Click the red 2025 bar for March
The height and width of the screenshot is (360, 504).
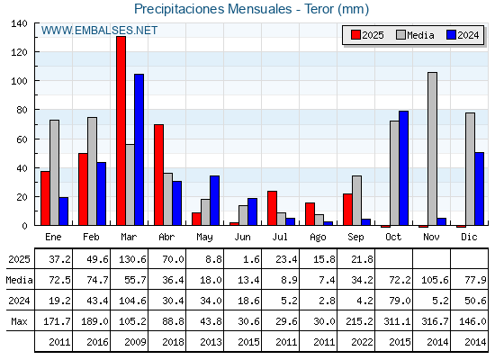coord(121,130)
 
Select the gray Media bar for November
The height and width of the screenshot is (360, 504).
coord(432,148)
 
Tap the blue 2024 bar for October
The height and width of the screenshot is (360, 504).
coord(403,168)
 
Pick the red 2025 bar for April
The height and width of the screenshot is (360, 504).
coord(158,175)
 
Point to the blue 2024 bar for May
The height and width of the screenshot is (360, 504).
coord(215,200)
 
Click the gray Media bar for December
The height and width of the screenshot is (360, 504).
coord(470,169)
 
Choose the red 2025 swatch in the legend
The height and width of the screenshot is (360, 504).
coord(355,35)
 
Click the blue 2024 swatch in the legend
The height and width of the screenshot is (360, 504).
coord(451,35)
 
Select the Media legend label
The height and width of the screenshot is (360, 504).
coord(420,35)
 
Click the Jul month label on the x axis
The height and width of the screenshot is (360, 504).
coord(280,237)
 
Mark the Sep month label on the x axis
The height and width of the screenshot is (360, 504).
coord(355,237)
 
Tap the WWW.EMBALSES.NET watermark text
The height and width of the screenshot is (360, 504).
coord(99,31)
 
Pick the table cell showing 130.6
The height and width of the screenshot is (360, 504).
coord(130,259)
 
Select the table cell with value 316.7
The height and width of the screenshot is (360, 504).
coord(432,320)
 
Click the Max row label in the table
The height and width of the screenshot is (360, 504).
coord(19,321)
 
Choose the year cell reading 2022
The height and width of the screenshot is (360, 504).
coord(355,342)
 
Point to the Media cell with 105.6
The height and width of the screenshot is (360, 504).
coord(432,280)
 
